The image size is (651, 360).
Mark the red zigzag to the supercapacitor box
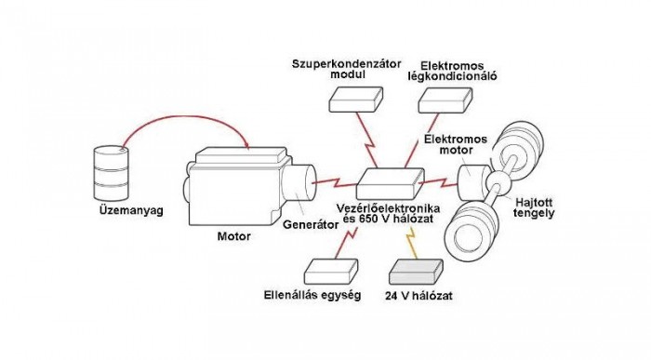click(x=371, y=137)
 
